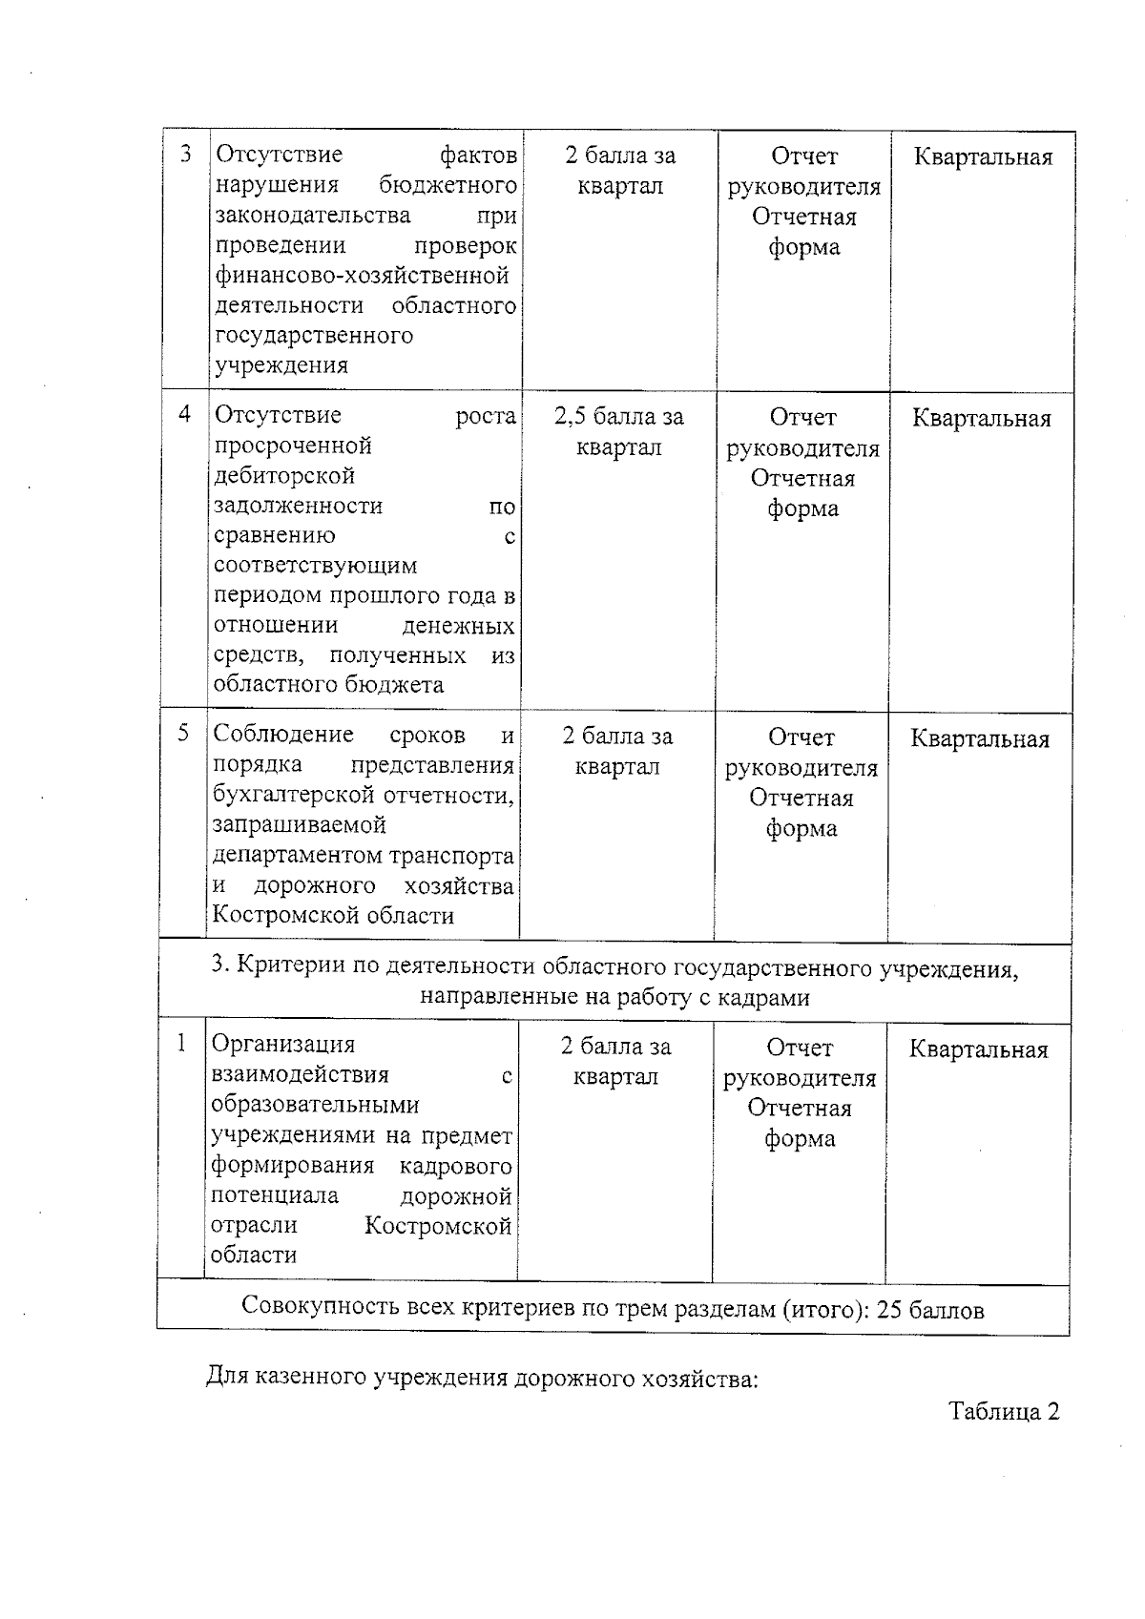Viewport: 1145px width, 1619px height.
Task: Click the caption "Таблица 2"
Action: tap(1004, 1412)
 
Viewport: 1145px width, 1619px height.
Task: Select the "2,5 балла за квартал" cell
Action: tap(619, 432)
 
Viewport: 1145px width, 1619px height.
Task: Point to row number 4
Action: tap(185, 414)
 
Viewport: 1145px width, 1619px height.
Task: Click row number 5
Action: tap(183, 733)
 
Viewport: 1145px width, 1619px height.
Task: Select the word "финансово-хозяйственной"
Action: tap(362, 276)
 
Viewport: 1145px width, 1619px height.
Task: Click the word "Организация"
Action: tap(282, 1045)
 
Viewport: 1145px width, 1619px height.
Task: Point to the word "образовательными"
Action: tap(315, 1105)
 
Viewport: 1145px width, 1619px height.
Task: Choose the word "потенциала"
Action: tap(275, 1195)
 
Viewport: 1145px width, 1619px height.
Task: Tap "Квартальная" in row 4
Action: tap(982, 418)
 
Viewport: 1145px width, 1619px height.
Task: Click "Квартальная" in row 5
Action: tap(980, 738)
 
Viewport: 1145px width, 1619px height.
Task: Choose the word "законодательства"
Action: tap(313, 216)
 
